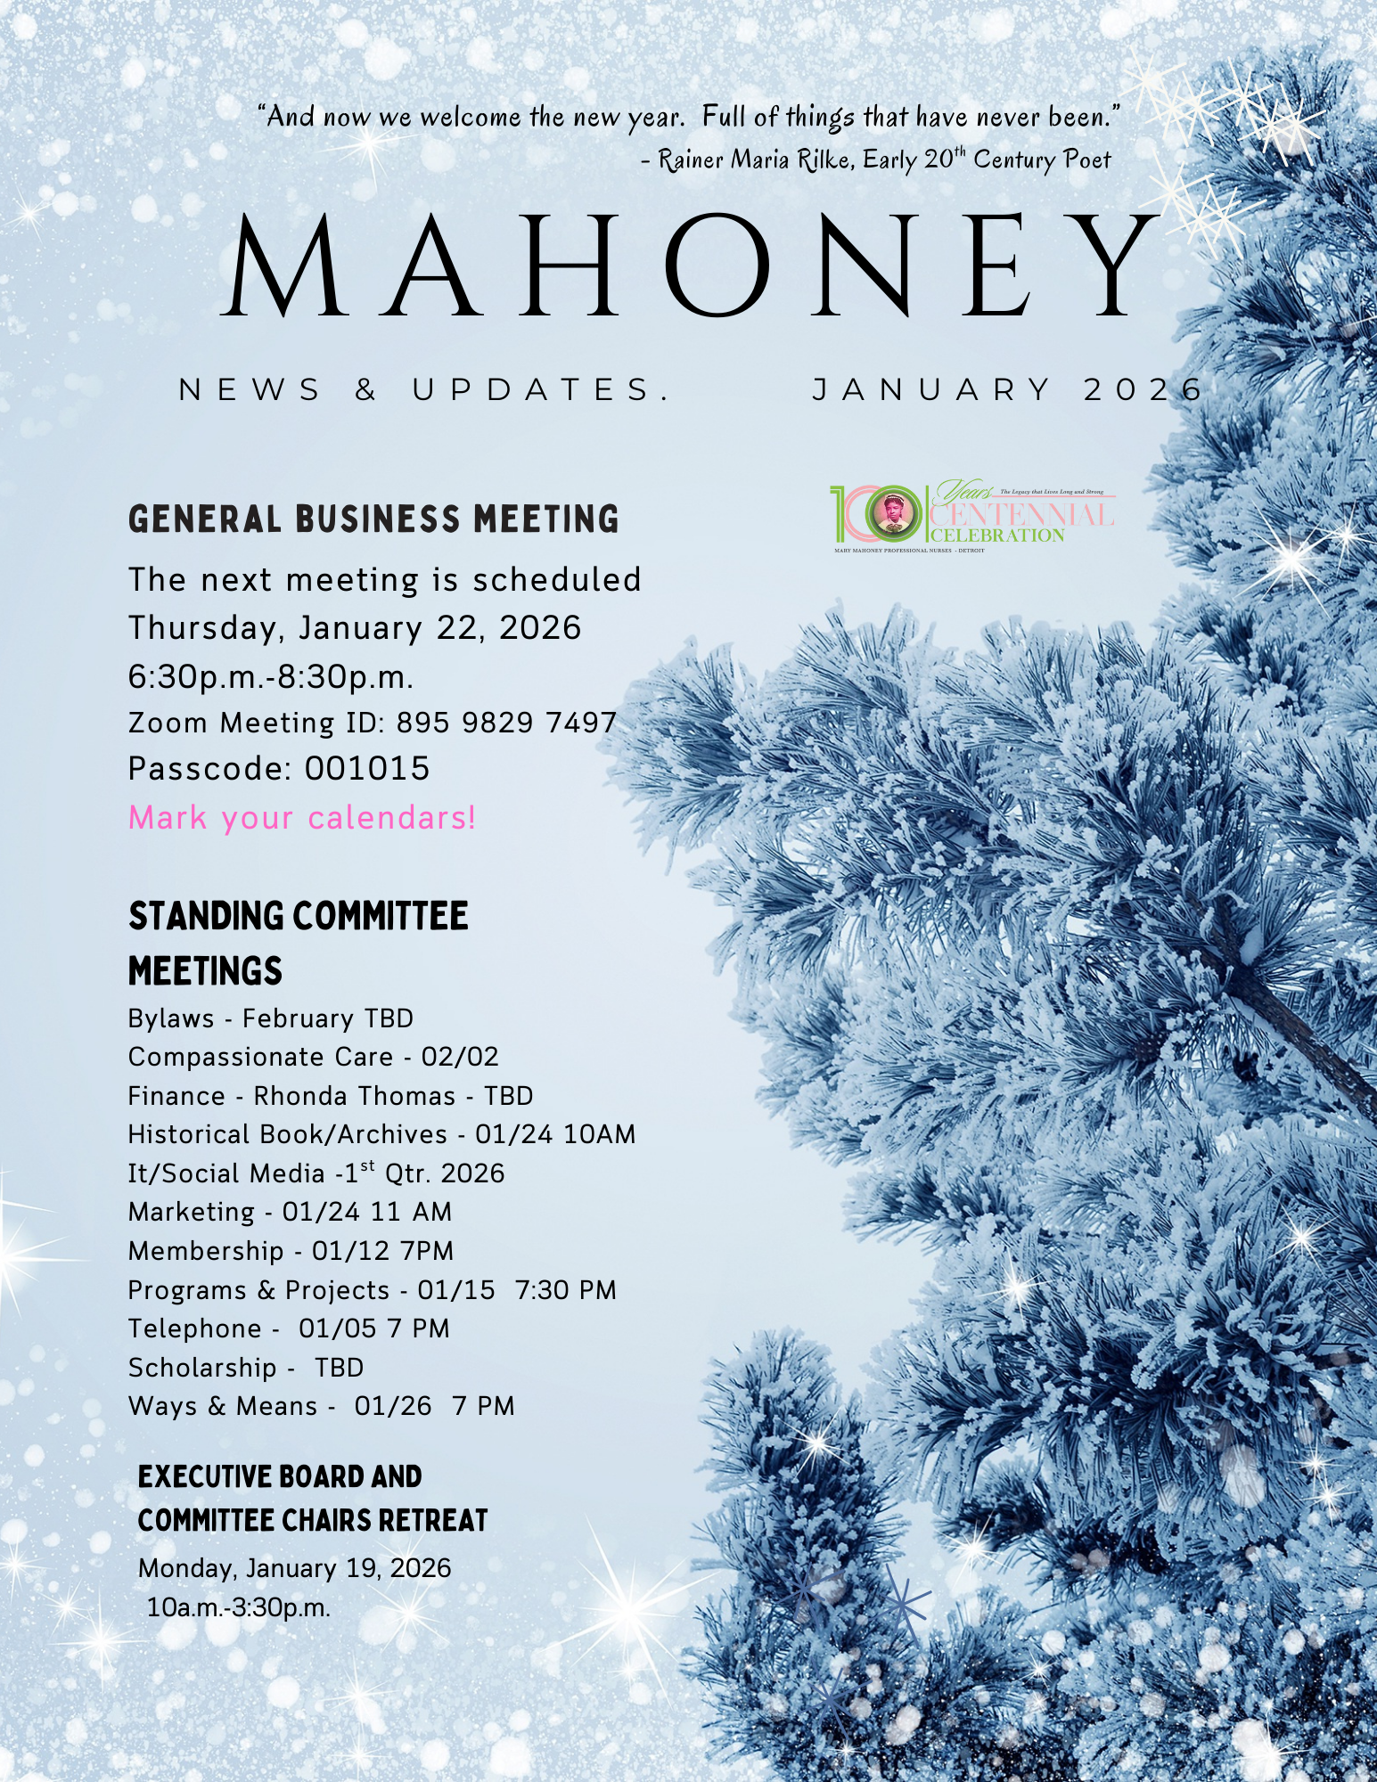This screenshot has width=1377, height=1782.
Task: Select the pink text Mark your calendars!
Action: pyautogui.click(x=302, y=817)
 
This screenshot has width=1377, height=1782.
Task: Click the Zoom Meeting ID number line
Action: pyautogui.click(x=373, y=722)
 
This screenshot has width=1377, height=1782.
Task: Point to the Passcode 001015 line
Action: pyautogui.click(x=279, y=768)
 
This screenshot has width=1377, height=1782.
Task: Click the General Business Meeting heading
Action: pyautogui.click(x=373, y=519)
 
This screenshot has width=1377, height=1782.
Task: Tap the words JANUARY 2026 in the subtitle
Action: pyautogui.click(x=1007, y=389)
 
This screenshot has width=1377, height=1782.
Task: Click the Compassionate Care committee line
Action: pyautogui.click(x=313, y=1057)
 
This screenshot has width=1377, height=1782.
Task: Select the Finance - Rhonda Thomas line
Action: pyautogui.click(x=330, y=1096)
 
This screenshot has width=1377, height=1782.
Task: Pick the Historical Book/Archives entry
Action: pyautogui.click(x=381, y=1134)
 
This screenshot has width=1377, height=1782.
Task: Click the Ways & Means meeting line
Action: pyautogui.click(x=321, y=1406)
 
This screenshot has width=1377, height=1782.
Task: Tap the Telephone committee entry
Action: pyautogui.click(x=289, y=1328)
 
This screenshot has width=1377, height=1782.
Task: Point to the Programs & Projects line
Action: pyautogui.click(x=372, y=1290)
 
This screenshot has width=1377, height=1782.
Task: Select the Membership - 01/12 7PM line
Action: pyautogui.click(x=291, y=1251)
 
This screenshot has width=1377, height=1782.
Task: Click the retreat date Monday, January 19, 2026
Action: pyautogui.click(x=294, y=1568)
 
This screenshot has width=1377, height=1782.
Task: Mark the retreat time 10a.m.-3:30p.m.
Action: pyautogui.click(x=239, y=1607)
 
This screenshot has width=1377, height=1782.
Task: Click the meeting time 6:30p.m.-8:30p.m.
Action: pyautogui.click(x=271, y=677)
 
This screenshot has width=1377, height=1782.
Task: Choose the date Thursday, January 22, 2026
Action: pyautogui.click(x=354, y=628)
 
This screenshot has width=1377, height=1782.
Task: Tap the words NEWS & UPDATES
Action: pyautogui.click(x=424, y=389)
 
